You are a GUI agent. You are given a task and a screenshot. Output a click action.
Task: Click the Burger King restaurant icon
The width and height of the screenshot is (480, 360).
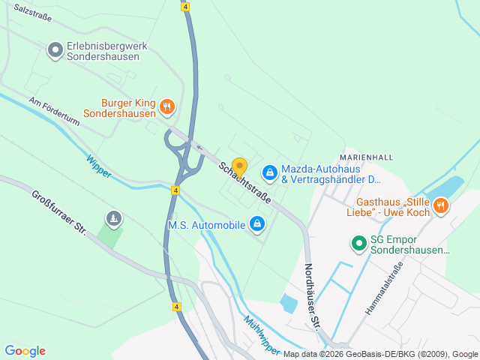tap(167, 107)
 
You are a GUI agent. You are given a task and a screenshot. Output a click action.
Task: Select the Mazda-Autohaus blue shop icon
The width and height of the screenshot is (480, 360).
tap(268, 173)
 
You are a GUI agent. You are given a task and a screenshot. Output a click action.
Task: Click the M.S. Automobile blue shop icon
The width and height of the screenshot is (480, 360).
tap(257, 223)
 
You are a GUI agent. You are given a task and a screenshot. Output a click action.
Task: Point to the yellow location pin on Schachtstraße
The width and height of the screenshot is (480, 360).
tap(239, 167)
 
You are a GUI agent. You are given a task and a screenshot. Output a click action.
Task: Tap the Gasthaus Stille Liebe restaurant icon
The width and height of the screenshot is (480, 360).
tap(441, 205)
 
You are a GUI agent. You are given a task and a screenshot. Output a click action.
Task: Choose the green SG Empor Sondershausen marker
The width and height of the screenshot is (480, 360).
tap(359, 243)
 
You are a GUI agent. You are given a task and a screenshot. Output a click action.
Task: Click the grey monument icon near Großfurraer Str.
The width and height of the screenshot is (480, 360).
tap(113, 218)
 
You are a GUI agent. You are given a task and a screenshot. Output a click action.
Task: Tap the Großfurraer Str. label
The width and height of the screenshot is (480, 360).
tap(59, 214)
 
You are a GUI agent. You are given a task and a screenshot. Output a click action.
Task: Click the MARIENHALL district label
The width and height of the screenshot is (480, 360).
tap(366, 157)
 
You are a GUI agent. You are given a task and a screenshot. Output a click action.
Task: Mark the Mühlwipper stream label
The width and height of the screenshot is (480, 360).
tap(262, 335)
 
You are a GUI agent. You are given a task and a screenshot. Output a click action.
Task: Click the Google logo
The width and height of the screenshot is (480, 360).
tap(25, 351)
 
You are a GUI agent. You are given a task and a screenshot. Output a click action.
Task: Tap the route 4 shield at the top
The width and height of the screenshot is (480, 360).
tap(185, 6)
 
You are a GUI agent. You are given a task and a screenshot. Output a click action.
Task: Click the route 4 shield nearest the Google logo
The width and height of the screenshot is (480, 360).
tap(175, 307)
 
